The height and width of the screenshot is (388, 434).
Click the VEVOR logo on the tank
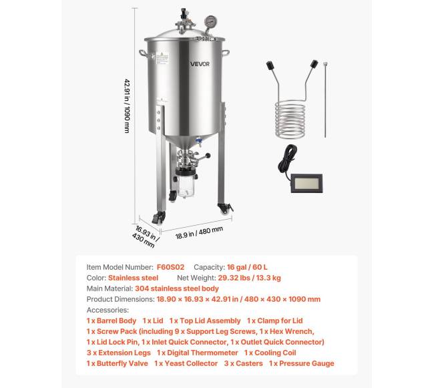tap(199, 64)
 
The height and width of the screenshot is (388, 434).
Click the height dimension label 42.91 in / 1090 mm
tap(126, 106)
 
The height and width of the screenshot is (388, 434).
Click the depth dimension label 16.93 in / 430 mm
tap(145, 235)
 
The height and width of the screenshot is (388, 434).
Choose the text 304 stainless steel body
tap(176, 288)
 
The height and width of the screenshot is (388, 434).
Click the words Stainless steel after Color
tap(134, 278)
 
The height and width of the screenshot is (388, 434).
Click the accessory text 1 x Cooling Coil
tap(270, 353)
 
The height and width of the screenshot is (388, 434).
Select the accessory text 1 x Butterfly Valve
tap(116, 363)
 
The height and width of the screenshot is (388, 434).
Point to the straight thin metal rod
tap(325, 100)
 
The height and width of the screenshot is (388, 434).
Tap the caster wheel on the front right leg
tap(226, 209)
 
